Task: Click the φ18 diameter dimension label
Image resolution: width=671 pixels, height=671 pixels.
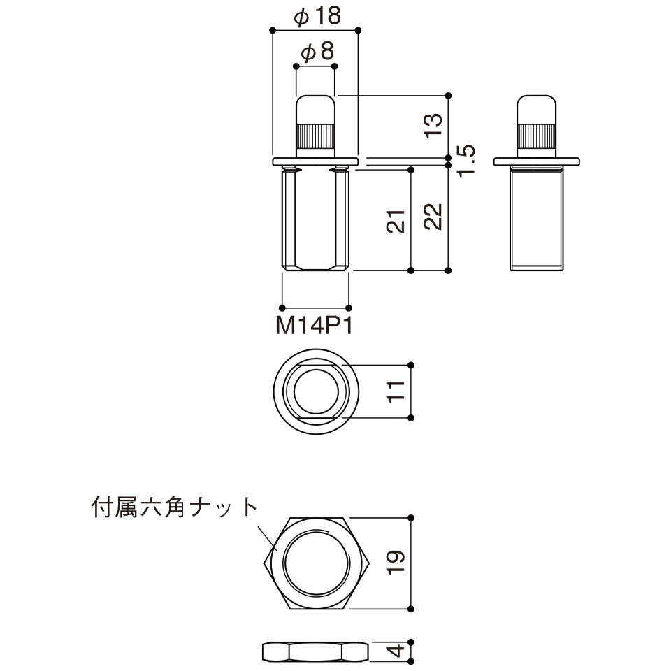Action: (x=317, y=16)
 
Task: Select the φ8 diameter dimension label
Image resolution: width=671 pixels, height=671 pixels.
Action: (x=317, y=52)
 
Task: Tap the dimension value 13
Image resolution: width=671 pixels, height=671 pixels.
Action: (x=433, y=125)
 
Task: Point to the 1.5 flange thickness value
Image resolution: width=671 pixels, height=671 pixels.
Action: (x=466, y=160)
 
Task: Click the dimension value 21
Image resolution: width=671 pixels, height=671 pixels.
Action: (x=396, y=222)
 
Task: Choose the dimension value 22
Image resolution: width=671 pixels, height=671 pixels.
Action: (x=433, y=217)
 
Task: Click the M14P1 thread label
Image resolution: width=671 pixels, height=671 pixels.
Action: (x=315, y=326)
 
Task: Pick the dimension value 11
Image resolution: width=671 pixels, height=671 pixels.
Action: (x=396, y=391)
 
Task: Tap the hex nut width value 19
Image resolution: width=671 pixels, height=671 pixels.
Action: (x=396, y=562)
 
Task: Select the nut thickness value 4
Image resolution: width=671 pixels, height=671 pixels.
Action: (x=396, y=651)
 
